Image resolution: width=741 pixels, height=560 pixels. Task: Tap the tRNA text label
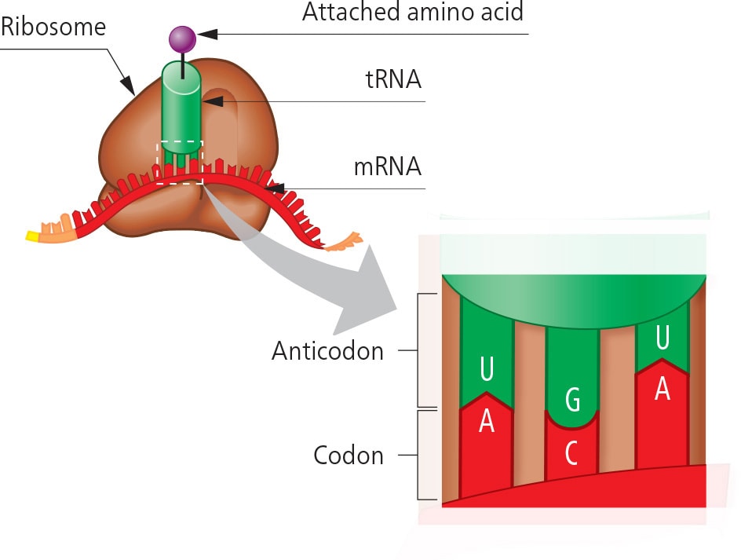[x=393, y=79]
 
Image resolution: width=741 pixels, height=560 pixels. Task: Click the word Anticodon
[x=327, y=351]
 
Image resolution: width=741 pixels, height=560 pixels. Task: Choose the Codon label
[x=348, y=455]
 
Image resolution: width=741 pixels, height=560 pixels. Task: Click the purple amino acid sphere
[x=182, y=38]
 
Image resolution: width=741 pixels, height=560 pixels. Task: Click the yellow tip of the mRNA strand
[x=32, y=235]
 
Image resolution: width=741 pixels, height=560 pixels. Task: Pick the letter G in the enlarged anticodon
[x=572, y=401]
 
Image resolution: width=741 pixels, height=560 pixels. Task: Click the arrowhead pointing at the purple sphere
[x=205, y=34]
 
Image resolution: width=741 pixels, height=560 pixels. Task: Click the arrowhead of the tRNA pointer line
[x=212, y=101]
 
